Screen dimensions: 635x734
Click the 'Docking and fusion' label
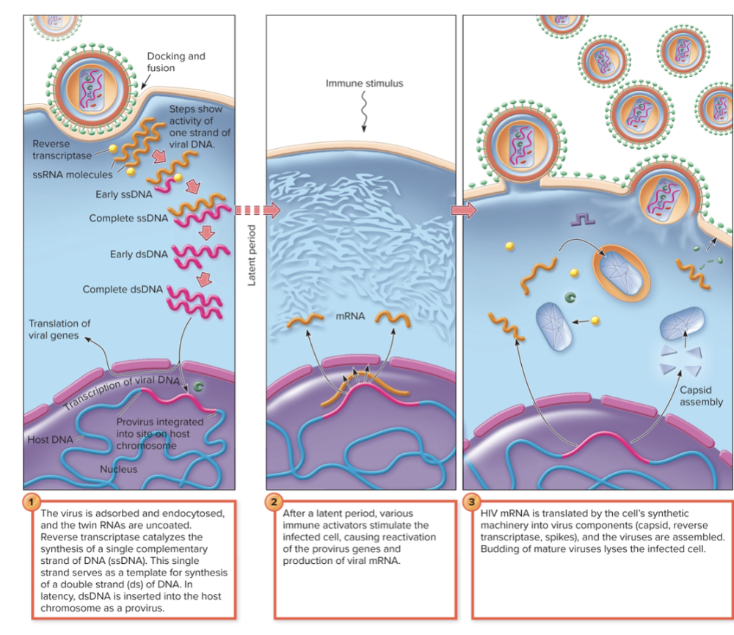click(x=175, y=62)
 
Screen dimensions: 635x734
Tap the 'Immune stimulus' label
click(x=364, y=84)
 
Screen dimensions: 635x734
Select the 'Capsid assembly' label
click(x=701, y=396)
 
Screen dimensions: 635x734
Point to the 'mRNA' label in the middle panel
click(x=350, y=317)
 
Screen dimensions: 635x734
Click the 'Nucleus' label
click(x=118, y=469)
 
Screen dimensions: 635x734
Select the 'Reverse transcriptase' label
click(x=62, y=150)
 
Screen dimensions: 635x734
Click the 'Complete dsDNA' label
click(x=123, y=289)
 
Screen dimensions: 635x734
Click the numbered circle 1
click(x=31, y=502)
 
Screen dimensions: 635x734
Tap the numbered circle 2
click(x=274, y=502)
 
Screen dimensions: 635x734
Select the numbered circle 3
click(x=470, y=502)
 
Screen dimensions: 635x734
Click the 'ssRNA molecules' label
click(x=72, y=175)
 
